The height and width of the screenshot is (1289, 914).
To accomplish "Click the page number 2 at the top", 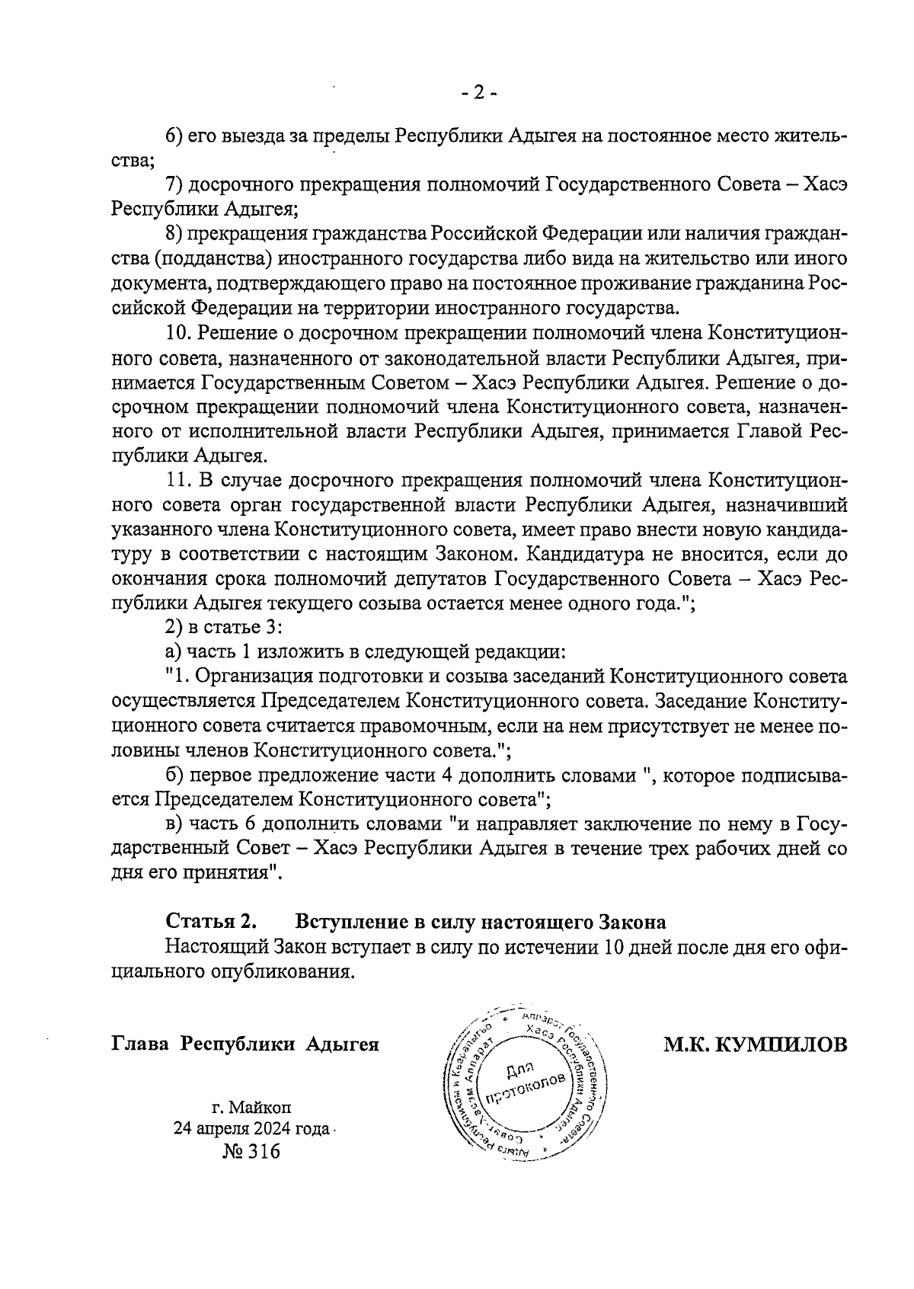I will (x=478, y=94).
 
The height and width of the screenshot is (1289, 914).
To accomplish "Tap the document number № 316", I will (x=251, y=1151).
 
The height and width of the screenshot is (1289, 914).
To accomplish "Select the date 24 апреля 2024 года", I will (x=251, y=1128).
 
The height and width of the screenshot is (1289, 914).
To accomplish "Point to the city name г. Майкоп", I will (x=251, y=1106).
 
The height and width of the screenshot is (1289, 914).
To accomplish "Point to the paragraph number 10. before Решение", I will (x=178, y=333).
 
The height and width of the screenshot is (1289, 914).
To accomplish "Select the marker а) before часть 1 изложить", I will (x=174, y=652).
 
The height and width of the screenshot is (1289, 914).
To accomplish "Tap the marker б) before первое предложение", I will (x=174, y=776).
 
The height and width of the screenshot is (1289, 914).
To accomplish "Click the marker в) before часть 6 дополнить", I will (x=174, y=824).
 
